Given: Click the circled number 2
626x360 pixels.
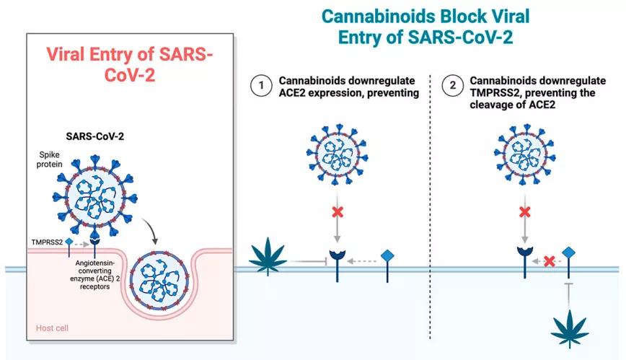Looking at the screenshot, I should (452, 85).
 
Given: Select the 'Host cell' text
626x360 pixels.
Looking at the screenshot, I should (53, 328).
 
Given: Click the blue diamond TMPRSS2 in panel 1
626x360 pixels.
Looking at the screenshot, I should (387, 255).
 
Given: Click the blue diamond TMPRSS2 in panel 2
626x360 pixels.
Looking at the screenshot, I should (570, 252).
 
